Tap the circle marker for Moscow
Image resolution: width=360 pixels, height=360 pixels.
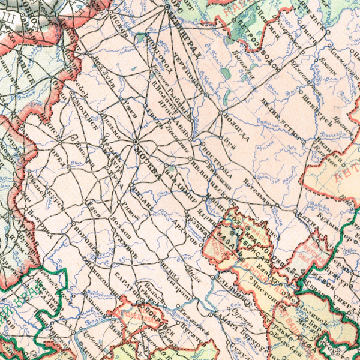coord(137,142)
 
